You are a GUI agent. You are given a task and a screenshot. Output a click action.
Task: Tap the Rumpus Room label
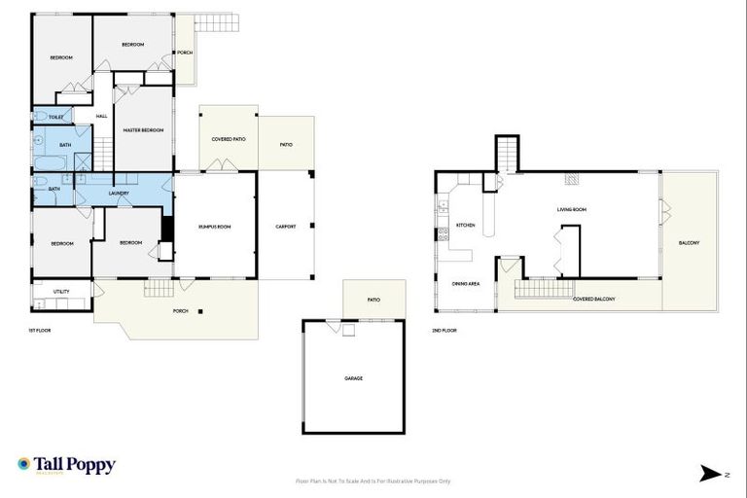(x=215, y=227)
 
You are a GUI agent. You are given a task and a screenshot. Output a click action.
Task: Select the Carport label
(x=285, y=227)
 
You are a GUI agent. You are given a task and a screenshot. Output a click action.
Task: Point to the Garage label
(x=353, y=378)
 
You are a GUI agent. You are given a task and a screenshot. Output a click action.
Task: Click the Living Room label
(x=571, y=209)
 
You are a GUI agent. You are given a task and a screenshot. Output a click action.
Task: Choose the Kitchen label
(x=465, y=226)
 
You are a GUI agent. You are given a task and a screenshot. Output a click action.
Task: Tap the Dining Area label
(x=465, y=284)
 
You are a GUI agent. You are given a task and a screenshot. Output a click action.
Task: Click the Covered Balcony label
(x=593, y=299)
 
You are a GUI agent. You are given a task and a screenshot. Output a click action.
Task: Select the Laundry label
(x=119, y=193)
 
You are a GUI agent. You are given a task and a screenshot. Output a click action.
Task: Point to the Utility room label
(x=61, y=291)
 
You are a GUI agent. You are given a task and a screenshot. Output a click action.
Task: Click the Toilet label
(x=56, y=117)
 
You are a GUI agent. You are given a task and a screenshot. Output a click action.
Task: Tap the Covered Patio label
(x=229, y=140)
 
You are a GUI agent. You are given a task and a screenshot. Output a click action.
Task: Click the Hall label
(x=102, y=117)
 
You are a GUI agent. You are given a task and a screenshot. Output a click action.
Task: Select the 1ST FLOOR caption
(x=39, y=331)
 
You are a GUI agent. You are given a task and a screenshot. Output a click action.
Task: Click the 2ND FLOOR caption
(x=445, y=331)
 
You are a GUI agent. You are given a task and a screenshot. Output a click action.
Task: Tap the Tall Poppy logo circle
(x=24, y=465)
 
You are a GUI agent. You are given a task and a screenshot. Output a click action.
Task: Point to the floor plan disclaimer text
(x=373, y=480)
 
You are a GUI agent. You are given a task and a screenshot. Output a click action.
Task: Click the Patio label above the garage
(x=373, y=301)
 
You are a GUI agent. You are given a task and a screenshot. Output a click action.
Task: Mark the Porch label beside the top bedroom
(x=184, y=53)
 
